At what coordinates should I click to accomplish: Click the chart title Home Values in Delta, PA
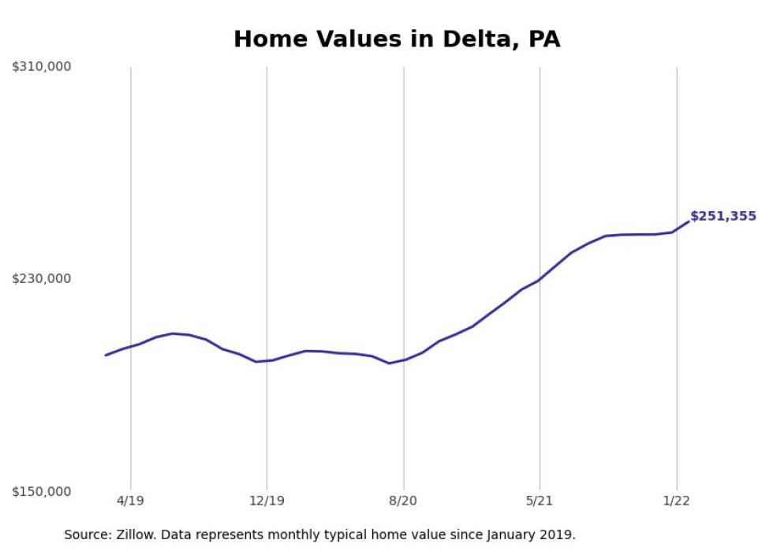[x=397, y=39]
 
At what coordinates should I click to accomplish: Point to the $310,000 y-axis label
[x=41, y=67]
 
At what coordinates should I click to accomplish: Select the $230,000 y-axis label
[x=41, y=278]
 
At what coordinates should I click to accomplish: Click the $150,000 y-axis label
[x=41, y=491]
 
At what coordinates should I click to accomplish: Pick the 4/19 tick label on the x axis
[x=130, y=501]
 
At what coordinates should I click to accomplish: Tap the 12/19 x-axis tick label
[x=267, y=501]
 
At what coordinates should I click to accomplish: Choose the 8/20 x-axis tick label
[x=403, y=501]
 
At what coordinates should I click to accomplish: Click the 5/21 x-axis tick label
[x=540, y=501]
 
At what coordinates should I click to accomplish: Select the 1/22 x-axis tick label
[x=676, y=501]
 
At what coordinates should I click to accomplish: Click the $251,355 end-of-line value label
[x=723, y=216]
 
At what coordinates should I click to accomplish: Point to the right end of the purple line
[x=689, y=222]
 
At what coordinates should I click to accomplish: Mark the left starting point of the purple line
[x=106, y=355]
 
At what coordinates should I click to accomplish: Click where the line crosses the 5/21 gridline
[x=540, y=280]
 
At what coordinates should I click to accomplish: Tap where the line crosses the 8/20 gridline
[x=404, y=359]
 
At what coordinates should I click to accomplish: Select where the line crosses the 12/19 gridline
[x=267, y=360]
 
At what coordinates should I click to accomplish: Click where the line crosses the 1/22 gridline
[x=677, y=231]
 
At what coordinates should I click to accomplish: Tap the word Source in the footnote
[x=87, y=534]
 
